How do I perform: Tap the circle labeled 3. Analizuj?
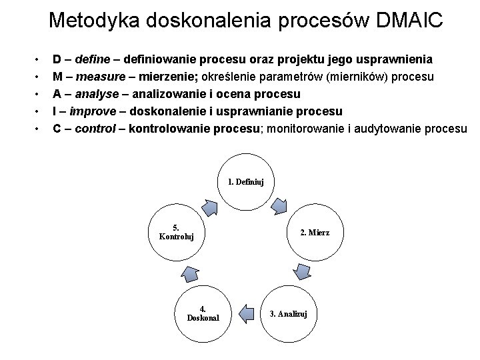(x=287, y=313)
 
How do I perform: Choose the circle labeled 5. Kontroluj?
(x=177, y=232)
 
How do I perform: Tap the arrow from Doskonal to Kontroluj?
(x=190, y=273)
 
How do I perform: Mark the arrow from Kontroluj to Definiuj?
(x=209, y=207)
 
